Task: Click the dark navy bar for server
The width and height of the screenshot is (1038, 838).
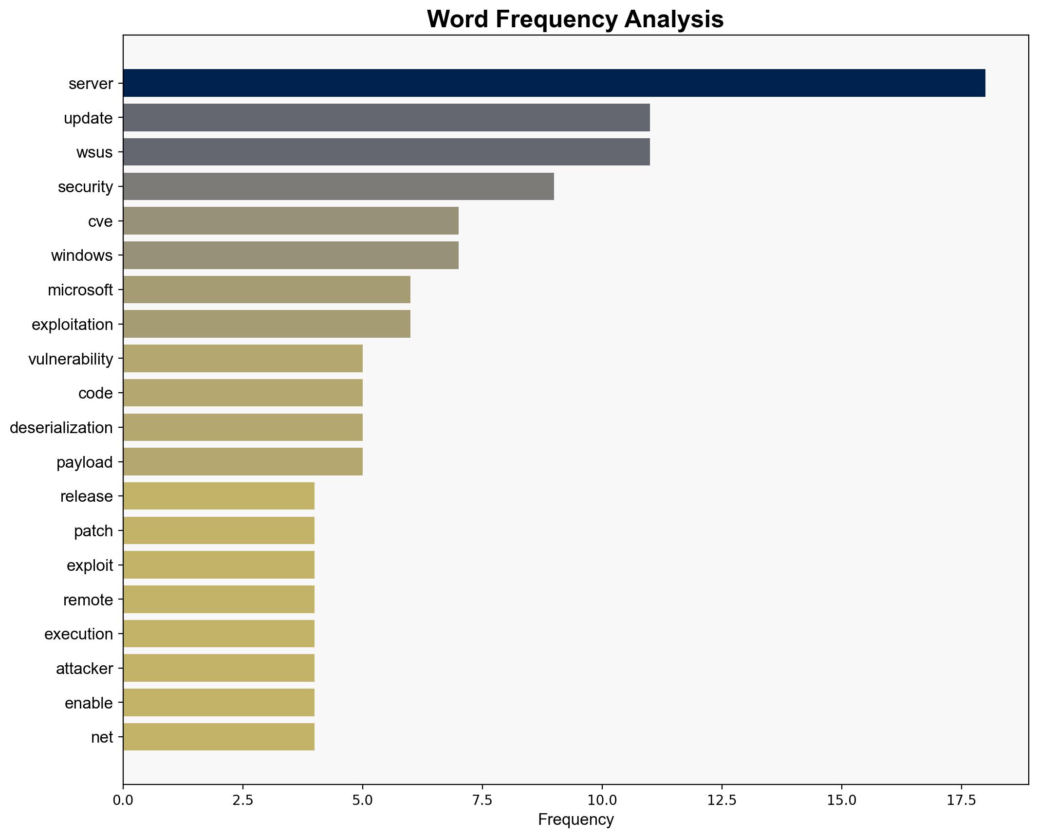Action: (554, 83)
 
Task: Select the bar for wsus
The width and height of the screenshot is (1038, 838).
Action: (386, 152)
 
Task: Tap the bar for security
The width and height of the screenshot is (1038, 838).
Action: (338, 186)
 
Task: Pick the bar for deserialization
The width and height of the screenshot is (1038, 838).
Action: (242, 427)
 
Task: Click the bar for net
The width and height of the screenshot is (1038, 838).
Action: (219, 737)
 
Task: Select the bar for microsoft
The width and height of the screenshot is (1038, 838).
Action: (266, 290)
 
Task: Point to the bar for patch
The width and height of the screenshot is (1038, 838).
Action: (219, 530)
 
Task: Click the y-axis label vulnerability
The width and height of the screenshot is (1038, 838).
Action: (71, 359)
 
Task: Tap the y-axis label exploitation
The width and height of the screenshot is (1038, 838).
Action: (72, 324)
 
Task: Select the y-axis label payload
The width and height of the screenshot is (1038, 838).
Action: (85, 462)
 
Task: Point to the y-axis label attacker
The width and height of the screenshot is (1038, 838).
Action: (84, 668)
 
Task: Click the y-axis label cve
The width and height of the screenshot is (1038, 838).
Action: (100, 221)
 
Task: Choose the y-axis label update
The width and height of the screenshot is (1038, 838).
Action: (88, 118)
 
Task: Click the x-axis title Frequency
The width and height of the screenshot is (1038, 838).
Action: (575, 820)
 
